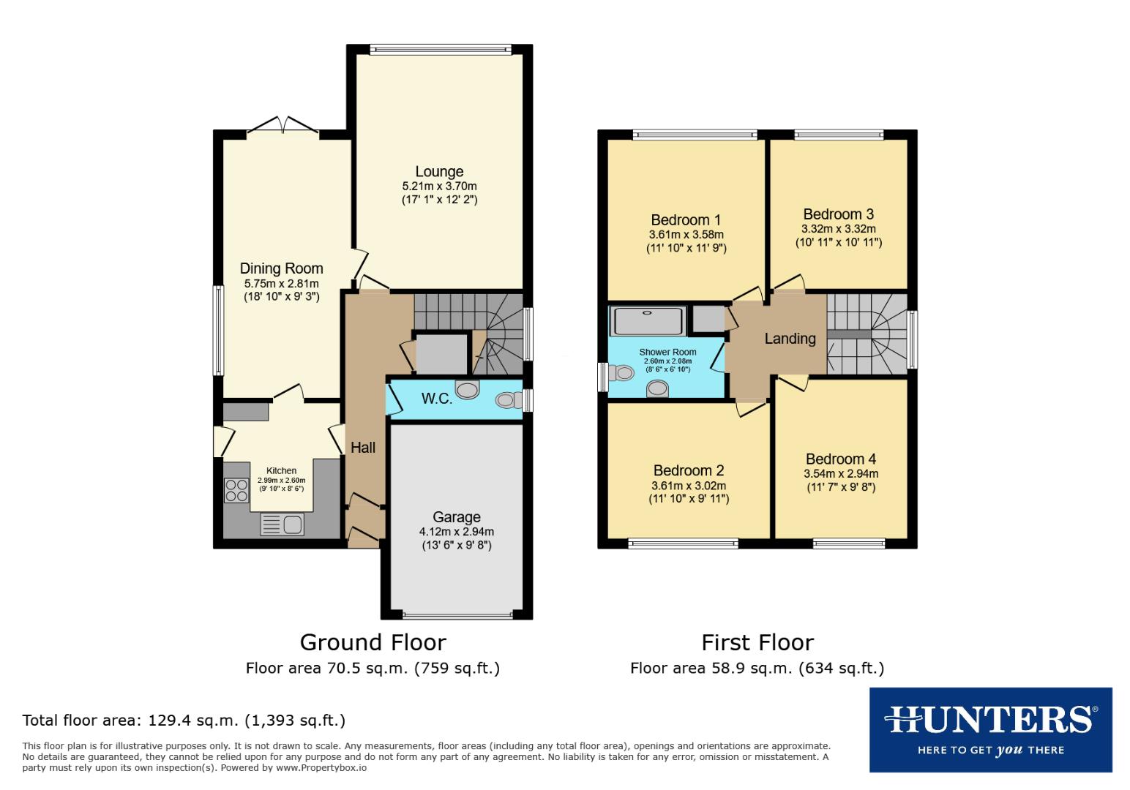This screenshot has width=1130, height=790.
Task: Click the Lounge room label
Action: [439, 172]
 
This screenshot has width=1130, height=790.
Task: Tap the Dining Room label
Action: [281, 269]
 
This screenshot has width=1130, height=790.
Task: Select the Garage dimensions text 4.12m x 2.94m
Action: [456, 532]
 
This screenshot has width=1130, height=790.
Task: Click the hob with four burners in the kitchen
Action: [236, 489]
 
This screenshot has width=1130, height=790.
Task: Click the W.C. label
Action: [436, 399]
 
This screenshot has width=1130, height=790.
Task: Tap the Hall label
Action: [363, 448]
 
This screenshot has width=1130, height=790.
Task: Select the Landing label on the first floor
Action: [790, 339]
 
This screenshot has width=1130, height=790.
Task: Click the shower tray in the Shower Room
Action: [648, 320]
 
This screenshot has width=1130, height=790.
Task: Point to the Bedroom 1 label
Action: [686, 220]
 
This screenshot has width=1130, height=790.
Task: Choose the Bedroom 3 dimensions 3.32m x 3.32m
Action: [838, 229]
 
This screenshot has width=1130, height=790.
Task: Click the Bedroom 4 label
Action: [840, 459]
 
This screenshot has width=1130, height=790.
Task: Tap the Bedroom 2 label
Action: [688, 470]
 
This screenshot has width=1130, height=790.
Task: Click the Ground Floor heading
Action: [373, 642]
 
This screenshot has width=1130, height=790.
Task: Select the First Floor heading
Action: [757, 642]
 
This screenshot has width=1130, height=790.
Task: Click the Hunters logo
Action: [990, 729]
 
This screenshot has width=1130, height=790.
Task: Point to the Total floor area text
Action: [184, 720]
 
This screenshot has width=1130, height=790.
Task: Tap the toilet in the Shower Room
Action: [622, 373]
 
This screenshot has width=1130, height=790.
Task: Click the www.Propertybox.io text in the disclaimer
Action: [324, 768]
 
